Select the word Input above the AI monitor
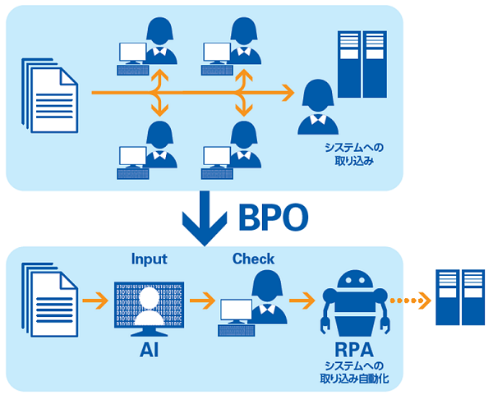tap(149, 259)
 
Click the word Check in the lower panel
tap(253, 259)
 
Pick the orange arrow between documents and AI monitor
tap(96, 301)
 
